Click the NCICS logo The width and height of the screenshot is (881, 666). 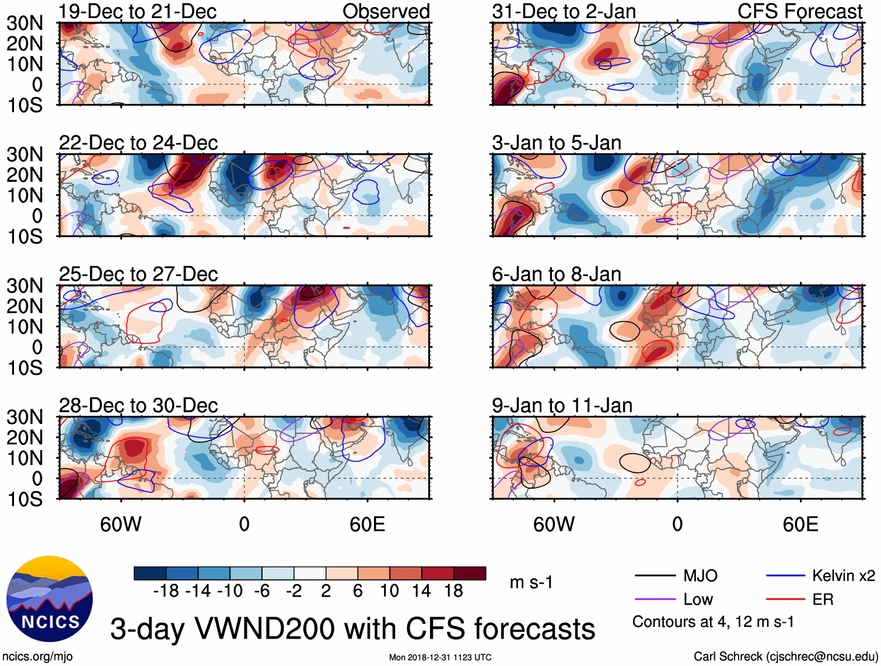[49, 599]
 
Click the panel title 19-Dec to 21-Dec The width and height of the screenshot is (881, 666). [138, 12]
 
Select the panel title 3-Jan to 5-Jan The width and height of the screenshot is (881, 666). [557, 143]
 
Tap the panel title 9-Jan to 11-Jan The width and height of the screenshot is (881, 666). [562, 405]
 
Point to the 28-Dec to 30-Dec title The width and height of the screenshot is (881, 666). [138, 405]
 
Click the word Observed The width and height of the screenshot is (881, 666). [386, 12]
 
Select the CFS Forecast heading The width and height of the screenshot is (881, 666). [799, 12]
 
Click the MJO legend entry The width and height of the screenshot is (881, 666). [700, 576]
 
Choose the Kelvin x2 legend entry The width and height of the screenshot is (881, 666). [843, 576]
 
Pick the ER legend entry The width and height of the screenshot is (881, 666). [823, 600]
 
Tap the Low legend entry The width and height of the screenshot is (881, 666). [698, 600]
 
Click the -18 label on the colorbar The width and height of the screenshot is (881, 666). [166, 591]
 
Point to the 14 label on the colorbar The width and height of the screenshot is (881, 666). [421, 591]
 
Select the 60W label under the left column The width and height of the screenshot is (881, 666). [121, 524]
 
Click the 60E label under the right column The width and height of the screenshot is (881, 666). [800, 524]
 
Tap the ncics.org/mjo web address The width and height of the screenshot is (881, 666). [38, 657]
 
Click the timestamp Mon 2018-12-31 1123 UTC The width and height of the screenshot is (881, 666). [440, 657]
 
